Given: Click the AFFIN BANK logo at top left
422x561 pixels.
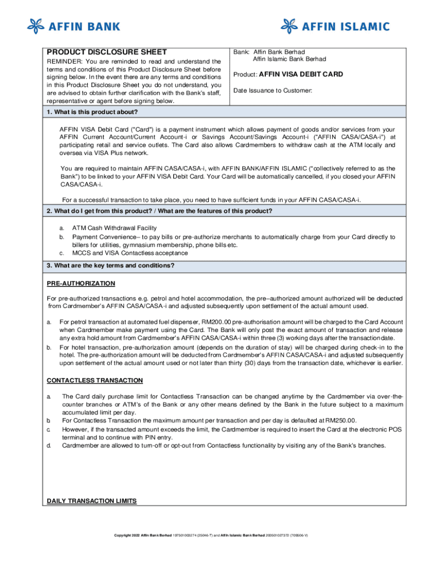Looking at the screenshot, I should coord(73,26).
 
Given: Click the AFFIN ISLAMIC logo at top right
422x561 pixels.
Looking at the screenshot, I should coord(335,26).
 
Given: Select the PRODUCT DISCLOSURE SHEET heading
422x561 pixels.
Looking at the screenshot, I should coord(106,52).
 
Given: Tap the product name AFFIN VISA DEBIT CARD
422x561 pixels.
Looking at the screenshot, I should coord(301,75).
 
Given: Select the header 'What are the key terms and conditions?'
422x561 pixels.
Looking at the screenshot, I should coord(111,266).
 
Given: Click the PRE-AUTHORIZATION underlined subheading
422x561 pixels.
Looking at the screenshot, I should coord(81,283).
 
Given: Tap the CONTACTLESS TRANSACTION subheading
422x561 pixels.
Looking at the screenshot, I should coord(95,380).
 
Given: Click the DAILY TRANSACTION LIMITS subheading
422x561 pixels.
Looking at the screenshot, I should coord(92,501).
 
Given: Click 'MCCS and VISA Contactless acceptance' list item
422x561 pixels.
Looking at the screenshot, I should coord(130,253).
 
